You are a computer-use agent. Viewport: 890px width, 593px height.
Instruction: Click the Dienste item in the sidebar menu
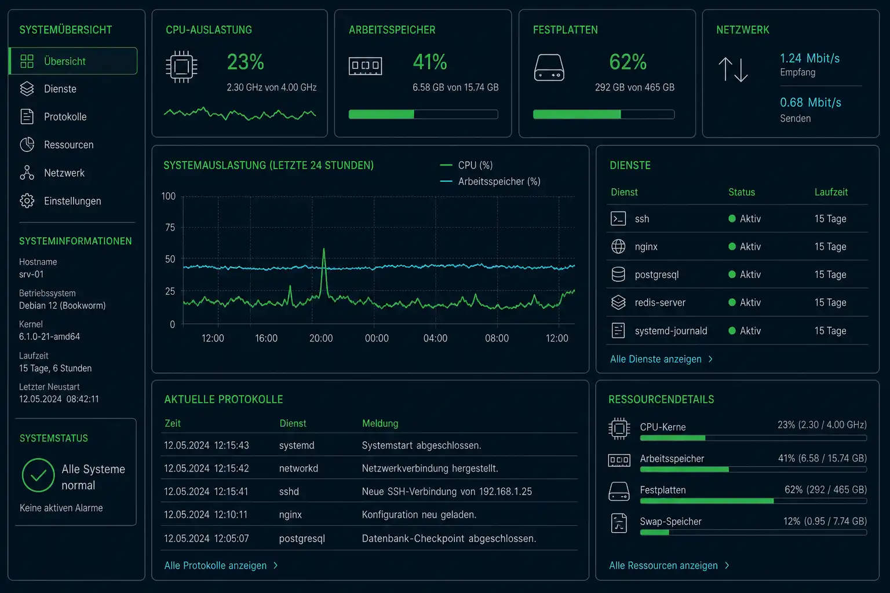(x=60, y=89)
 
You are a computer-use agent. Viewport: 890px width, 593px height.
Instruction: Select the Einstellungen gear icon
(x=27, y=200)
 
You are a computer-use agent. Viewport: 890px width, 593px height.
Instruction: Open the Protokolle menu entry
(x=65, y=117)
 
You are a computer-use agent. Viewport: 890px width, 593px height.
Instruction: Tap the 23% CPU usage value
(x=245, y=62)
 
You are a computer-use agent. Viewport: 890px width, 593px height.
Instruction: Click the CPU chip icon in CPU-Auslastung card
(x=181, y=67)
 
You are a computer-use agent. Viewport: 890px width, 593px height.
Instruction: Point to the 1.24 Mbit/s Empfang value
(x=809, y=58)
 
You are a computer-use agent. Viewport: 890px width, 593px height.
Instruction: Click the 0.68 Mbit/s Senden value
(x=811, y=103)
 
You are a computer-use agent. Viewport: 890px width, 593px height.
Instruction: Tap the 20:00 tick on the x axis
(x=321, y=338)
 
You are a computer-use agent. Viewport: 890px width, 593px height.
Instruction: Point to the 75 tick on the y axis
(x=170, y=227)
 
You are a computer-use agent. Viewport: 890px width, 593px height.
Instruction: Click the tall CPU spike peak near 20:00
(x=324, y=249)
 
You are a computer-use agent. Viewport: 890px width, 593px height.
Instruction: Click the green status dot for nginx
(x=732, y=246)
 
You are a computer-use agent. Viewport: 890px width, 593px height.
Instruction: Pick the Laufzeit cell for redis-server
(x=830, y=302)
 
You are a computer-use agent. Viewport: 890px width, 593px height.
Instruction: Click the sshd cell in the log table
(x=289, y=491)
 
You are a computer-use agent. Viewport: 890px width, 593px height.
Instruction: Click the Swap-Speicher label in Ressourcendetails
(x=670, y=521)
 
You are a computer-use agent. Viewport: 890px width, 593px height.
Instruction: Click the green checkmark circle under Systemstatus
(x=38, y=475)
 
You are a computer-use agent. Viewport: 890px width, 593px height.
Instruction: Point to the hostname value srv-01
(x=31, y=274)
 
